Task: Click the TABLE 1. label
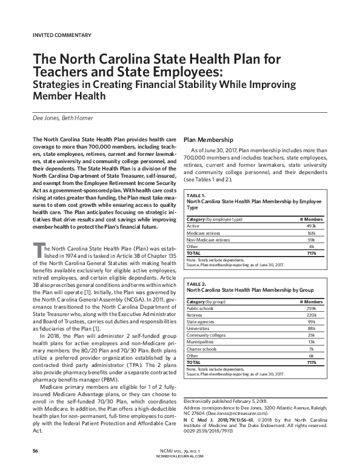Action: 198,195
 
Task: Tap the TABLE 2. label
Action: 198,284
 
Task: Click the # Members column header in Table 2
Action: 312,302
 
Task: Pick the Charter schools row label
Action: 204,349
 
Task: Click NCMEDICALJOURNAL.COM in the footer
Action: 180,457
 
